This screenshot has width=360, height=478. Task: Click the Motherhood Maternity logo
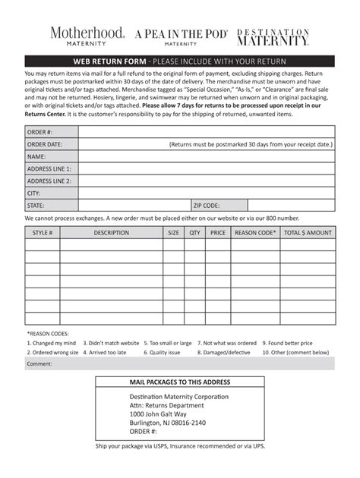[x=88, y=36]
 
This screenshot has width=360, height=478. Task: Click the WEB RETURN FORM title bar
[x=180, y=61]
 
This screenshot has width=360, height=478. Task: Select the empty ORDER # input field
[x=206, y=131]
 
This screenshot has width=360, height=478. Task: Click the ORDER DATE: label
[x=45, y=143]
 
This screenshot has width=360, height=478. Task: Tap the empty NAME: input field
[x=206, y=156]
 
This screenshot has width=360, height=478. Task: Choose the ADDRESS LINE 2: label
[x=49, y=181]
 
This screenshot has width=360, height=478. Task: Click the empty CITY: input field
[x=206, y=193]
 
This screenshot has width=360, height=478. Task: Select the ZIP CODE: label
[x=207, y=206]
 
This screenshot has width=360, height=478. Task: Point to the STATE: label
[x=36, y=206]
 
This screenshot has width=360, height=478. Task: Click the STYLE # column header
[x=43, y=234]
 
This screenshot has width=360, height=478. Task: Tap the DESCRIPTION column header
[x=112, y=234]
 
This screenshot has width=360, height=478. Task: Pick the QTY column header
[x=195, y=234]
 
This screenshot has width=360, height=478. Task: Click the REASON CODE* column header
[x=255, y=234]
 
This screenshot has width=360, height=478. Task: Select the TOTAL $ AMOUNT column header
[x=307, y=234]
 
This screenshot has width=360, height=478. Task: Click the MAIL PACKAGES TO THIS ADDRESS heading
[x=180, y=382]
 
